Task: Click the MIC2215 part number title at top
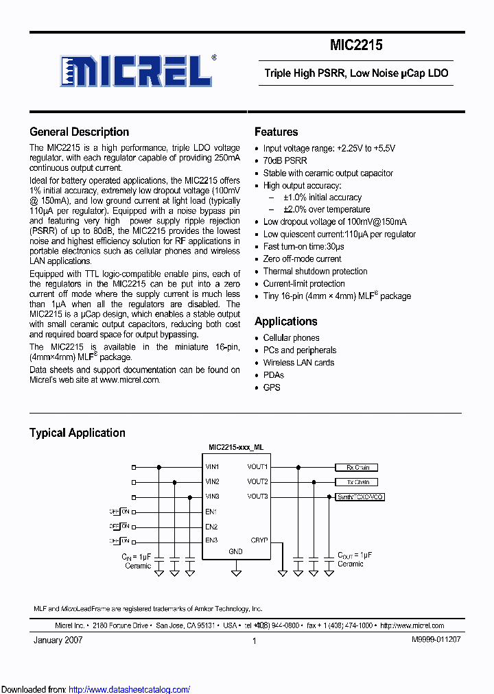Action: pos(356,45)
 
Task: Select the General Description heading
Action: pos(79,132)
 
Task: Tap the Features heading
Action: pos(276,132)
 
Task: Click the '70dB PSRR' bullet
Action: pos(285,161)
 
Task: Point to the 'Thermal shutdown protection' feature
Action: pos(315,271)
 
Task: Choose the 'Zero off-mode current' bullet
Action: pos(302,259)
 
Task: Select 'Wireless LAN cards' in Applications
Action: pos(298,362)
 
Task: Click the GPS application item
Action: pos(272,387)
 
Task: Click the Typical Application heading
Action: pos(77,433)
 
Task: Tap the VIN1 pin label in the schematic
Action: pos(212,467)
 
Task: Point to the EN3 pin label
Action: pos(211,540)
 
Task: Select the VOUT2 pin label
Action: pos(257,481)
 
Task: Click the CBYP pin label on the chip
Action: pos(259,540)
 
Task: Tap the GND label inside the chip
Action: pos(235,551)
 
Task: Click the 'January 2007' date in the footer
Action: pos(58,640)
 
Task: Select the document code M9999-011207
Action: pos(436,640)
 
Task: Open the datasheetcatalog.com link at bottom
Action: pos(130,689)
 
